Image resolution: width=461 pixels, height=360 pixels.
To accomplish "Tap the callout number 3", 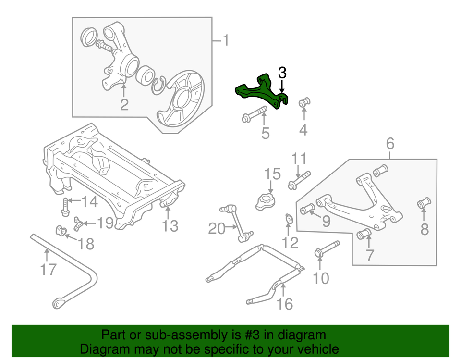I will tap(282, 73).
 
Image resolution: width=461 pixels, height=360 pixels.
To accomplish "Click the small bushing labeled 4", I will tap(304, 102).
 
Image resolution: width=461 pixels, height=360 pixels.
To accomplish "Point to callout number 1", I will tap(224, 41).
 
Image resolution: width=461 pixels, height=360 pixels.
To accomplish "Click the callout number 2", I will tap(124, 104).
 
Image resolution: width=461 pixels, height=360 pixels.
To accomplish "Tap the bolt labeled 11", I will tap(299, 181).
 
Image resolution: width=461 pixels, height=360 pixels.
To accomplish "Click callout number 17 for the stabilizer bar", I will tap(49, 270).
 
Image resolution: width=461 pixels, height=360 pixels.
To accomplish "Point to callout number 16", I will tap(285, 304).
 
